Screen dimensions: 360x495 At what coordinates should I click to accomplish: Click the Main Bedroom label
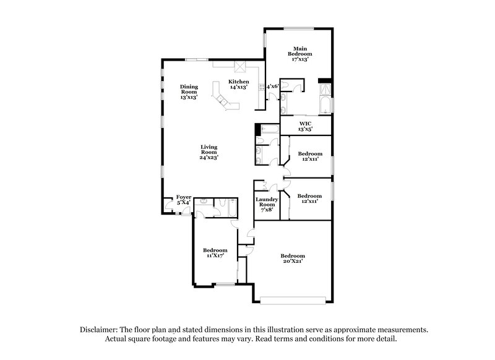tap(300, 51)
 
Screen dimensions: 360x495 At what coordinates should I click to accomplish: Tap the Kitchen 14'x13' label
tap(238, 85)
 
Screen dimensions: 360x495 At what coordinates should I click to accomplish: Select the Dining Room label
tap(189, 92)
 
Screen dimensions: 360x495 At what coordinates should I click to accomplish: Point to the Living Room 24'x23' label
tap(209, 152)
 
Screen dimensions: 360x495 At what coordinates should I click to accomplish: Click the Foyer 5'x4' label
tap(184, 199)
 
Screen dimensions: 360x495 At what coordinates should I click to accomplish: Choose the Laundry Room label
tap(267, 204)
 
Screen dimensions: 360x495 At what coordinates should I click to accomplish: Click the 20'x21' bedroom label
tap(293, 259)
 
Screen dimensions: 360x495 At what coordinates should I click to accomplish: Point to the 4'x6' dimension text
tap(273, 86)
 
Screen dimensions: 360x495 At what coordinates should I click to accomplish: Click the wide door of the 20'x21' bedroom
tap(293, 301)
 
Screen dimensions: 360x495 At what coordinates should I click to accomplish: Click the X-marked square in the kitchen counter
tap(239, 66)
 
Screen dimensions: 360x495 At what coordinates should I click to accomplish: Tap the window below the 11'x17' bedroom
tap(225, 284)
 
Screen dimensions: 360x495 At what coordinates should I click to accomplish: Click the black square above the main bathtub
tap(322, 81)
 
